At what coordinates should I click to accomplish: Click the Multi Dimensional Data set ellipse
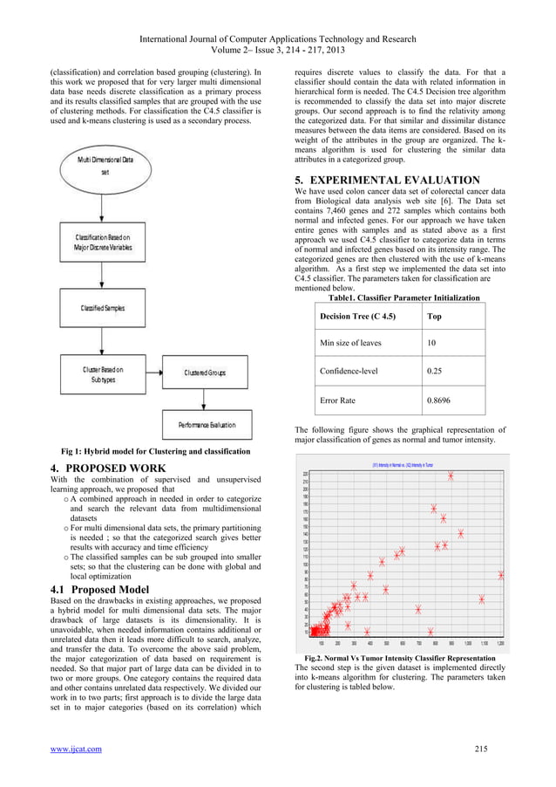pyautogui.click(x=105, y=167)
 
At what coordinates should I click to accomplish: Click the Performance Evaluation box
pyautogui.click(x=207, y=425)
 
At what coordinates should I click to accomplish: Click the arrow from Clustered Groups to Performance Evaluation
pyautogui.click(x=206, y=399)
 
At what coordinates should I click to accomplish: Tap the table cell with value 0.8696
pyautogui.click(x=437, y=402)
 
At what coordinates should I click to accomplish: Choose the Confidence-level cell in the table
pyautogui.click(x=349, y=371)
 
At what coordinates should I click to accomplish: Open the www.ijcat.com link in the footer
pyautogui.click(x=76, y=749)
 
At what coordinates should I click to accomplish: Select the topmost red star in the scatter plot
pyautogui.click(x=451, y=476)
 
